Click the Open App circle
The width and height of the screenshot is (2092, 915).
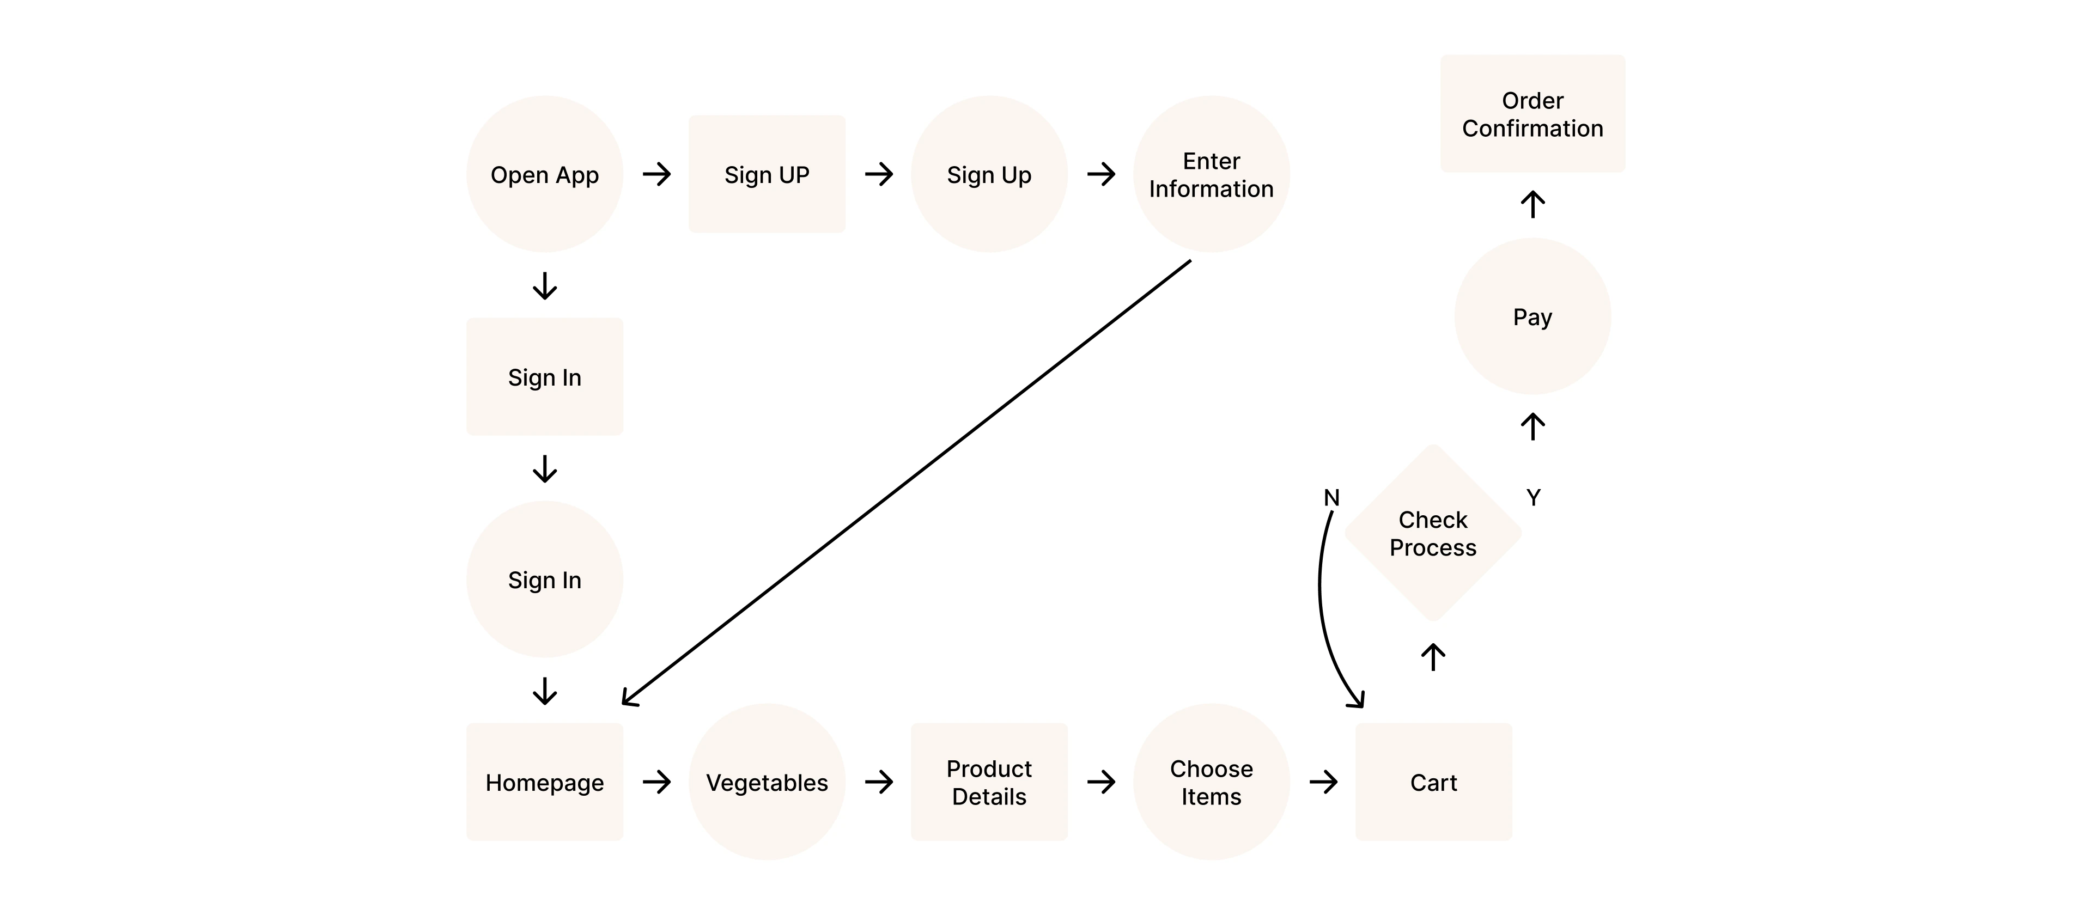point(544,174)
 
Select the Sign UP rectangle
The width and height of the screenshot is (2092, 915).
point(767,174)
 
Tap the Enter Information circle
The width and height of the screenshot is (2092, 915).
point(1211,174)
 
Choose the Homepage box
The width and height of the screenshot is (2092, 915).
point(544,782)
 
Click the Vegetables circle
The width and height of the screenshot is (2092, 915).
point(767,782)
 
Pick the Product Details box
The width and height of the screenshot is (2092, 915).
point(988,782)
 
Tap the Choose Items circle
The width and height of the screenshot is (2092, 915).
point(1211,782)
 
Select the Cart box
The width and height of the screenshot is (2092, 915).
point(1433,782)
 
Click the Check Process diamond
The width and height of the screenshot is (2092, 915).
point(1433,533)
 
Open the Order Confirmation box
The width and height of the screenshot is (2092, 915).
point(1532,114)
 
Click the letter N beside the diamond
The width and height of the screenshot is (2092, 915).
point(1331,498)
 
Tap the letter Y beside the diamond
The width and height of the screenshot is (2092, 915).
point(1532,498)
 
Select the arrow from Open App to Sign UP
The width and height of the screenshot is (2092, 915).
point(656,174)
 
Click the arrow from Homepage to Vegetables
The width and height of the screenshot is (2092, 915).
point(656,782)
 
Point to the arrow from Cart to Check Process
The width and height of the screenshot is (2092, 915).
point(1433,657)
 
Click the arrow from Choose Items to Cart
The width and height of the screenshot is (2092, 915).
point(1323,782)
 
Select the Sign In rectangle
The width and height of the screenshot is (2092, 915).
point(544,377)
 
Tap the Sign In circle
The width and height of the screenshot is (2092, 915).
point(544,579)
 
